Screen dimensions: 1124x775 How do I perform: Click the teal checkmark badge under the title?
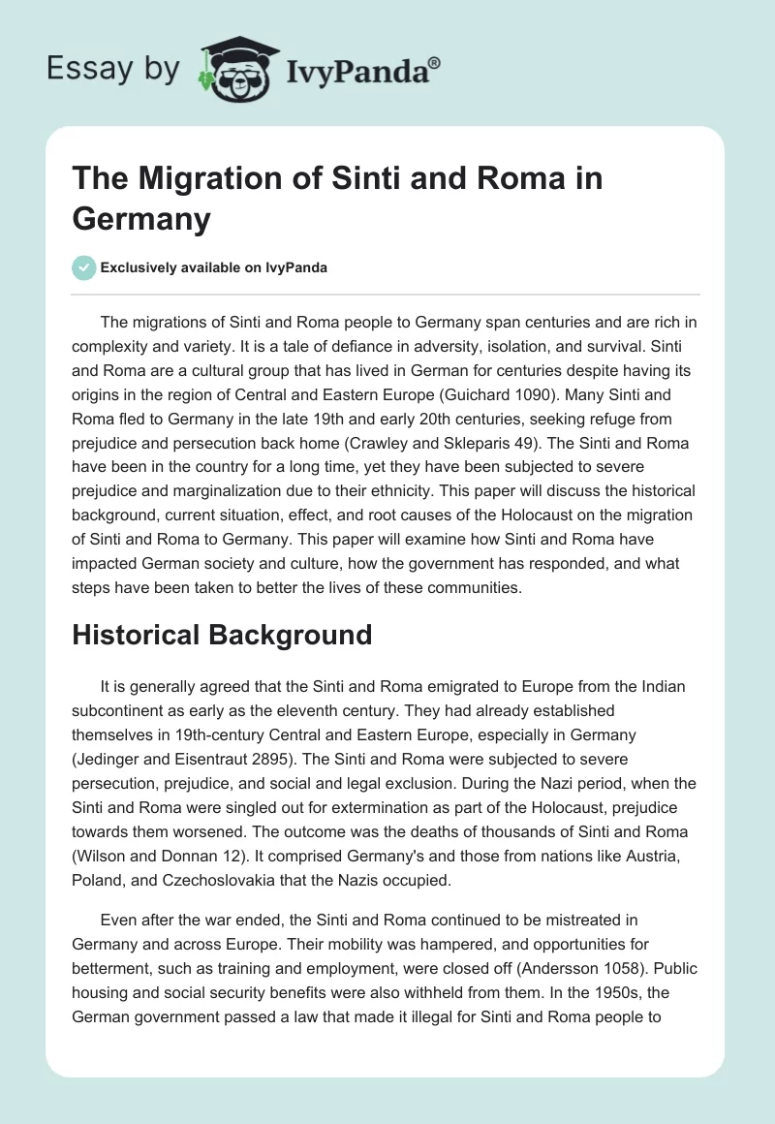tap(84, 267)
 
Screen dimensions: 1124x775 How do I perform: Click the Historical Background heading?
tap(222, 635)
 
